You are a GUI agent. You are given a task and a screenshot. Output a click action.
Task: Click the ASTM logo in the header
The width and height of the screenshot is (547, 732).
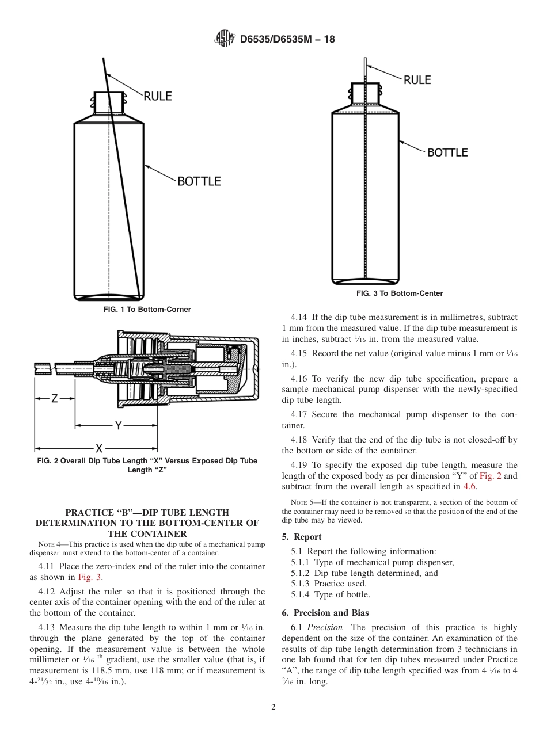pyautogui.click(x=224, y=39)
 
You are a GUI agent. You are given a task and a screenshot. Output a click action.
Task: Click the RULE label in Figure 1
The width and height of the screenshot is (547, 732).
pyautogui.click(x=157, y=96)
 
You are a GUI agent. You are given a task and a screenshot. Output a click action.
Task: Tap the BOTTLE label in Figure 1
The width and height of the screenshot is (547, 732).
pyautogui.click(x=199, y=181)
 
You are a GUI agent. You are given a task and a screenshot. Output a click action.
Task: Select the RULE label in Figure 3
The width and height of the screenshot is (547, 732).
pyautogui.click(x=417, y=80)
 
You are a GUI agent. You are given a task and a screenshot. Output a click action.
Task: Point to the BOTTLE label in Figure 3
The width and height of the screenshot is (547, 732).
pyautogui.click(x=447, y=152)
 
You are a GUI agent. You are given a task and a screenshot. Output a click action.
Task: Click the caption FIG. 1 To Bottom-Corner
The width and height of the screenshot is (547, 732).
pyautogui.click(x=147, y=310)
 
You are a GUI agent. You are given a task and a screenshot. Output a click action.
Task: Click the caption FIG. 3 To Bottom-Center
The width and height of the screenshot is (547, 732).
pyautogui.click(x=400, y=293)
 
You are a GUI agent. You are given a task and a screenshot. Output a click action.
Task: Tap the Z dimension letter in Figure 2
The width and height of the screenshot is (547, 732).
pyautogui.click(x=54, y=398)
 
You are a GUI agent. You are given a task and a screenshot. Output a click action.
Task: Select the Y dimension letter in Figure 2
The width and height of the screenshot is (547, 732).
pyautogui.click(x=117, y=425)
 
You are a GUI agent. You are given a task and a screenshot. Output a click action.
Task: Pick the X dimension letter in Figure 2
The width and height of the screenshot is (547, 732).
pyautogui.click(x=98, y=448)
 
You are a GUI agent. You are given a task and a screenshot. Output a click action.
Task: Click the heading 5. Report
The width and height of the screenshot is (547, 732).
pyautogui.click(x=302, y=537)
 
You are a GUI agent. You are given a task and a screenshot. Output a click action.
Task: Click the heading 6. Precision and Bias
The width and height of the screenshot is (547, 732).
pyautogui.click(x=325, y=613)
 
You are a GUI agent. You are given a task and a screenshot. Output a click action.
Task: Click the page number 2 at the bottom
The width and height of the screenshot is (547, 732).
pyautogui.click(x=273, y=707)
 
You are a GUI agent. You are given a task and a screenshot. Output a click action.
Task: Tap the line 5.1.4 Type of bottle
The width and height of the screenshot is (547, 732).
pyautogui.click(x=330, y=594)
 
